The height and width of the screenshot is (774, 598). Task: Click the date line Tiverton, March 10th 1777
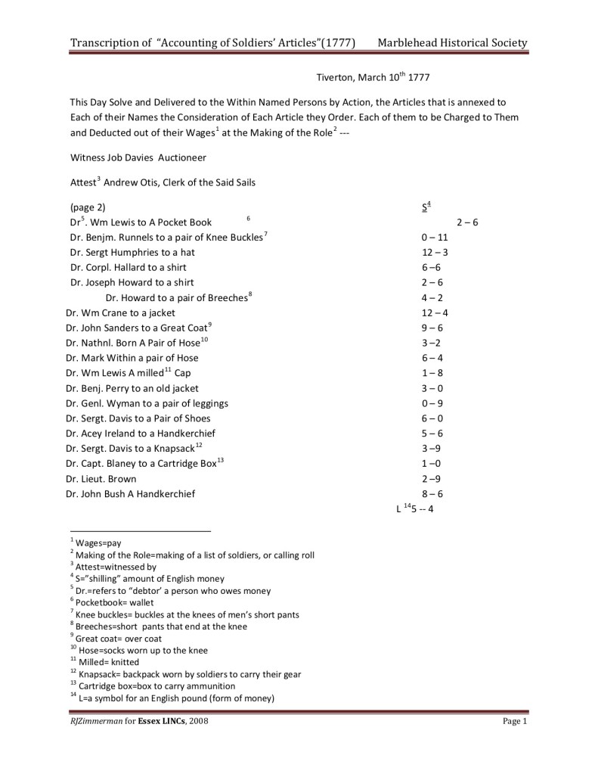tap(373, 77)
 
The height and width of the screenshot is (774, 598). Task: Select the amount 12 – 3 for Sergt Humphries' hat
tap(435, 252)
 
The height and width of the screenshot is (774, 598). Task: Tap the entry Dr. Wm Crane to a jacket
tap(120, 312)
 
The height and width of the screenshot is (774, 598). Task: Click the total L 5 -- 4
tap(414, 508)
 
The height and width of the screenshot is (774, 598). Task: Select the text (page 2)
tap(88, 207)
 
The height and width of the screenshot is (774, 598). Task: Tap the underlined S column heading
tap(425, 207)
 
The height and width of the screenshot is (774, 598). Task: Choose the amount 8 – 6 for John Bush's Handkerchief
tap(432, 494)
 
